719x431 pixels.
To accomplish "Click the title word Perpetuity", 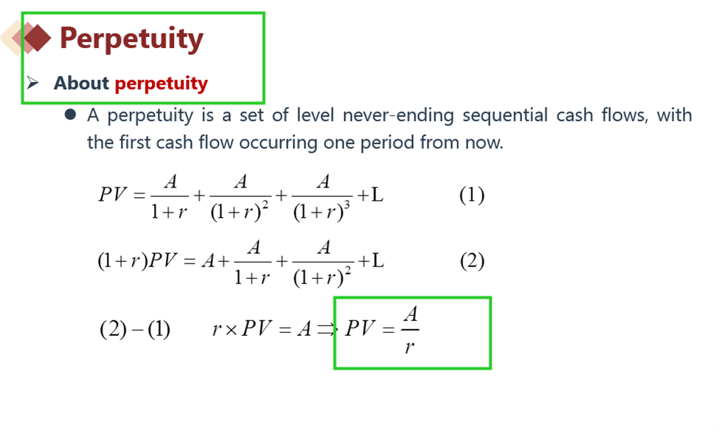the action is (131, 39).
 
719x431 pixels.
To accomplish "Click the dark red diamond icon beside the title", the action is (37, 38).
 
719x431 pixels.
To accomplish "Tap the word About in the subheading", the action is (81, 83).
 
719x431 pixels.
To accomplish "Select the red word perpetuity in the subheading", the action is (161, 84).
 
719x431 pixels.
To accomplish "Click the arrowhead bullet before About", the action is (32, 83).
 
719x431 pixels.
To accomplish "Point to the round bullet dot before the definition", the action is (70, 114).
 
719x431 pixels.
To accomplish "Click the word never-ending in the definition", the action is (398, 114).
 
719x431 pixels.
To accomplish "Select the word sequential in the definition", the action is (505, 115).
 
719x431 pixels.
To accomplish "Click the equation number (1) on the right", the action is (472, 195).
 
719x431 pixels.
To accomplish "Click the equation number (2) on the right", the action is (472, 261).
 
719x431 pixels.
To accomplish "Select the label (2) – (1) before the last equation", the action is (135, 329).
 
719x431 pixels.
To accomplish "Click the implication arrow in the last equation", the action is (327, 329).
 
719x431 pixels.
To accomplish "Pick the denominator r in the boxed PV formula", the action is (409, 346).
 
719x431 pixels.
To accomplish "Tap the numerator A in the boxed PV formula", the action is (411, 314).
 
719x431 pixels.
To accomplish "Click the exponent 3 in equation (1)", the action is (347, 205).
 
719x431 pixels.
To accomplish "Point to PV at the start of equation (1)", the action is (112, 194).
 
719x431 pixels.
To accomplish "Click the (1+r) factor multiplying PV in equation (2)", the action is (122, 261).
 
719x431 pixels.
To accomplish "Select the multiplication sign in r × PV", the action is (231, 330).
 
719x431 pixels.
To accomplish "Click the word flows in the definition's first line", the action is (625, 114).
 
